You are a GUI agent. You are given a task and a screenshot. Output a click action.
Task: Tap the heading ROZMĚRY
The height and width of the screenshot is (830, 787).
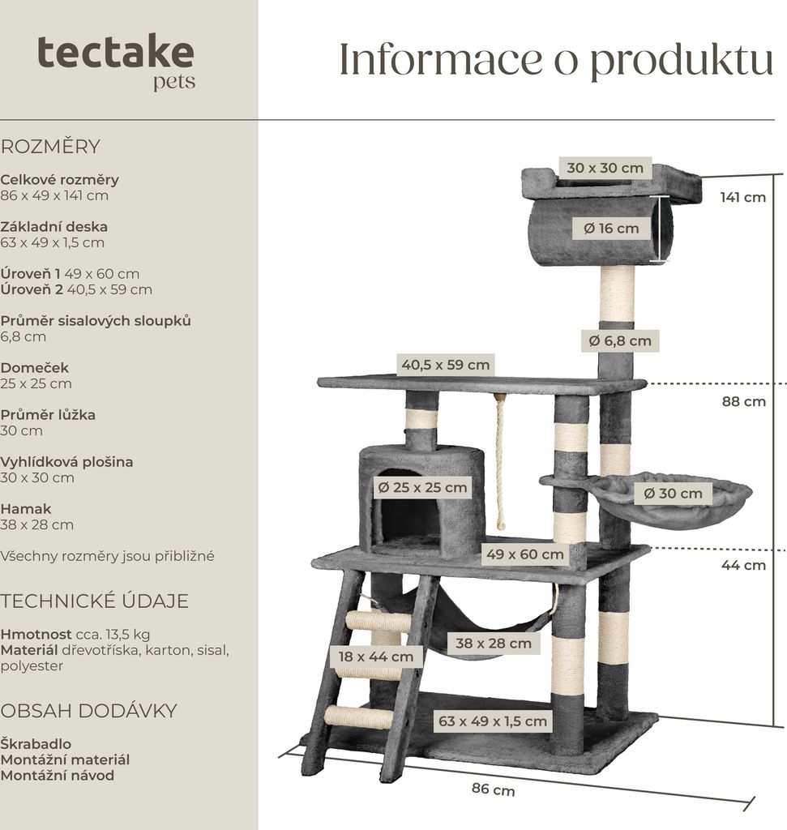(x=50, y=147)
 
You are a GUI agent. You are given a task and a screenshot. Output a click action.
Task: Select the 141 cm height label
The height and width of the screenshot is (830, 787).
(x=742, y=198)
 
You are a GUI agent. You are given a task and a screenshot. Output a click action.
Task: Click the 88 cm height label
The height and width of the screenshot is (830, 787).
(x=743, y=402)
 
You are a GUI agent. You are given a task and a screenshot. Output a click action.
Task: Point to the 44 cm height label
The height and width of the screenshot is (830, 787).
(x=743, y=565)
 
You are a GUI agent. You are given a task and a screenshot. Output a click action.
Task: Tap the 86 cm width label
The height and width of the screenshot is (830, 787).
(x=494, y=789)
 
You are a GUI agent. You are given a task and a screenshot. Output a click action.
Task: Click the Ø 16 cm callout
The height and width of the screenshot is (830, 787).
(x=611, y=229)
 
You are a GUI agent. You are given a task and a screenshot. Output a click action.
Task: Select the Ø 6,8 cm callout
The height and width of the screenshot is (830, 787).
(x=620, y=341)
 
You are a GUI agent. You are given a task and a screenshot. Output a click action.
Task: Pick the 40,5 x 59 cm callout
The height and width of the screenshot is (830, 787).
(x=445, y=365)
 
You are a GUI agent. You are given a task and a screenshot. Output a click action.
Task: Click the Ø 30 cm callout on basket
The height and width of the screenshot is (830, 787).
(x=673, y=494)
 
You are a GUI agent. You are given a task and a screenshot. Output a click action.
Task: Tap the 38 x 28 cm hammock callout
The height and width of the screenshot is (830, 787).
(x=494, y=643)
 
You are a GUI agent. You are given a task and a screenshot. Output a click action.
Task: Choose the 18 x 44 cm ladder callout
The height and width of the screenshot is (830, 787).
(x=376, y=657)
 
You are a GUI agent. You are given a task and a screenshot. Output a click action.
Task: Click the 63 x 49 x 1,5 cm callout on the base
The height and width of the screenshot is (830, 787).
(x=493, y=721)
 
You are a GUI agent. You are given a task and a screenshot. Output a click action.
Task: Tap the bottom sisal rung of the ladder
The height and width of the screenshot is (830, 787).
(x=358, y=717)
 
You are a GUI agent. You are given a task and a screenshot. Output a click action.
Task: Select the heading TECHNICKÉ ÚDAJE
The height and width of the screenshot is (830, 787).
(x=94, y=601)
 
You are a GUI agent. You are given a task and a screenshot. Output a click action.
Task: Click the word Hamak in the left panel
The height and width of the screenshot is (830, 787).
(x=26, y=509)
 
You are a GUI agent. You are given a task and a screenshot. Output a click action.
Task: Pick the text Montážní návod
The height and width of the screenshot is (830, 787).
(x=58, y=776)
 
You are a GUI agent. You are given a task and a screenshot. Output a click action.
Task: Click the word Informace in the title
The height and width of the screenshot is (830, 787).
(x=440, y=59)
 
